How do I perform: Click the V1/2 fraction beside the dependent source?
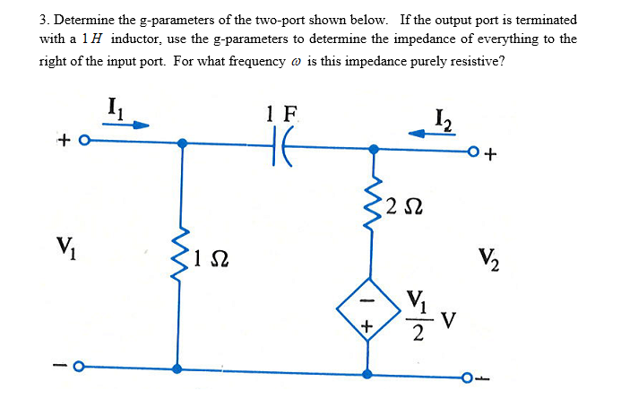(418, 316)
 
